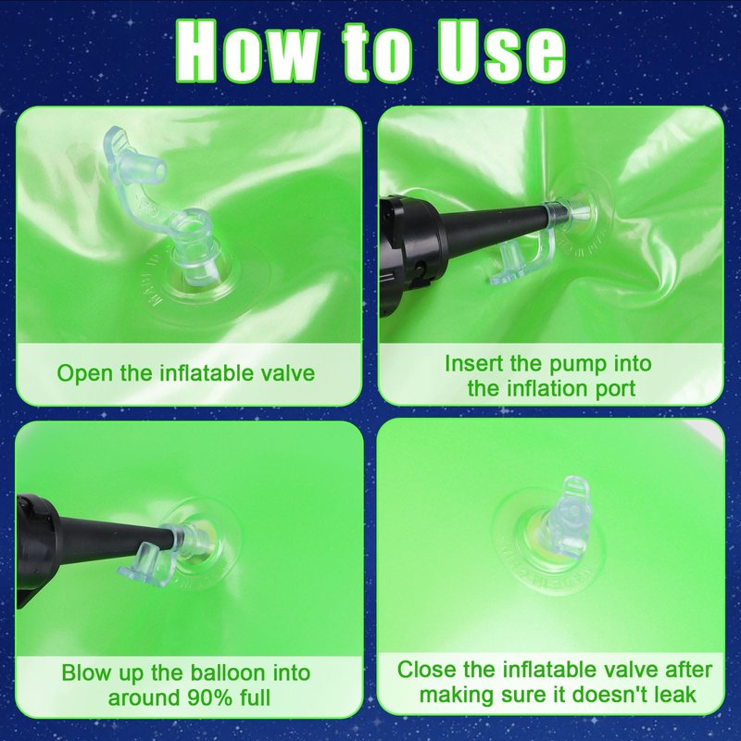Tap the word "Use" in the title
point(501,51)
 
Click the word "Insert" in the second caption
point(473,363)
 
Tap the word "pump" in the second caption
point(578,365)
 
